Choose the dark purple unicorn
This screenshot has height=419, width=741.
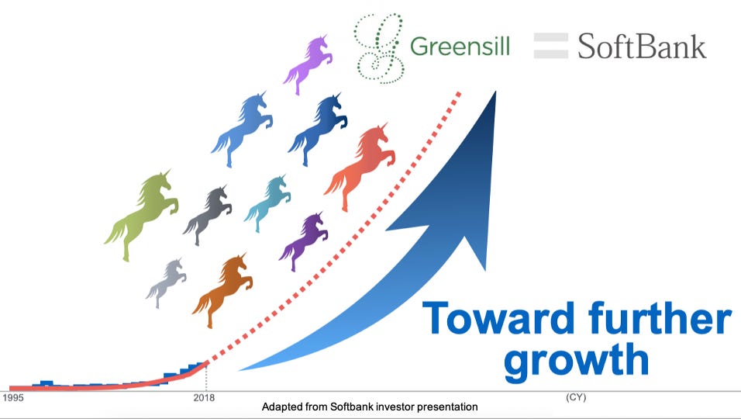click(x=305, y=241)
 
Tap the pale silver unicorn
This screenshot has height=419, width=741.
click(x=167, y=282)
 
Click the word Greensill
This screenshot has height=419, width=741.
click(x=460, y=47)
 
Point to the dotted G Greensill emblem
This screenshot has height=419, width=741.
click(x=380, y=49)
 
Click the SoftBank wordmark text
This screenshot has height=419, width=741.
click(x=642, y=46)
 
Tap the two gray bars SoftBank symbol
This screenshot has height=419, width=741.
click(x=550, y=46)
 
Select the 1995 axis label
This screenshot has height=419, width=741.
click(x=12, y=398)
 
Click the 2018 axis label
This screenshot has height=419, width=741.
click(x=204, y=398)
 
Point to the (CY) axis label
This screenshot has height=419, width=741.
click(x=576, y=397)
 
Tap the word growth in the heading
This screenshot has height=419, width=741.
click(x=577, y=361)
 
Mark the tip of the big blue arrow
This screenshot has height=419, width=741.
click(x=496, y=92)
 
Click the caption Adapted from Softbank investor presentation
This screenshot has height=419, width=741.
click(x=370, y=407)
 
